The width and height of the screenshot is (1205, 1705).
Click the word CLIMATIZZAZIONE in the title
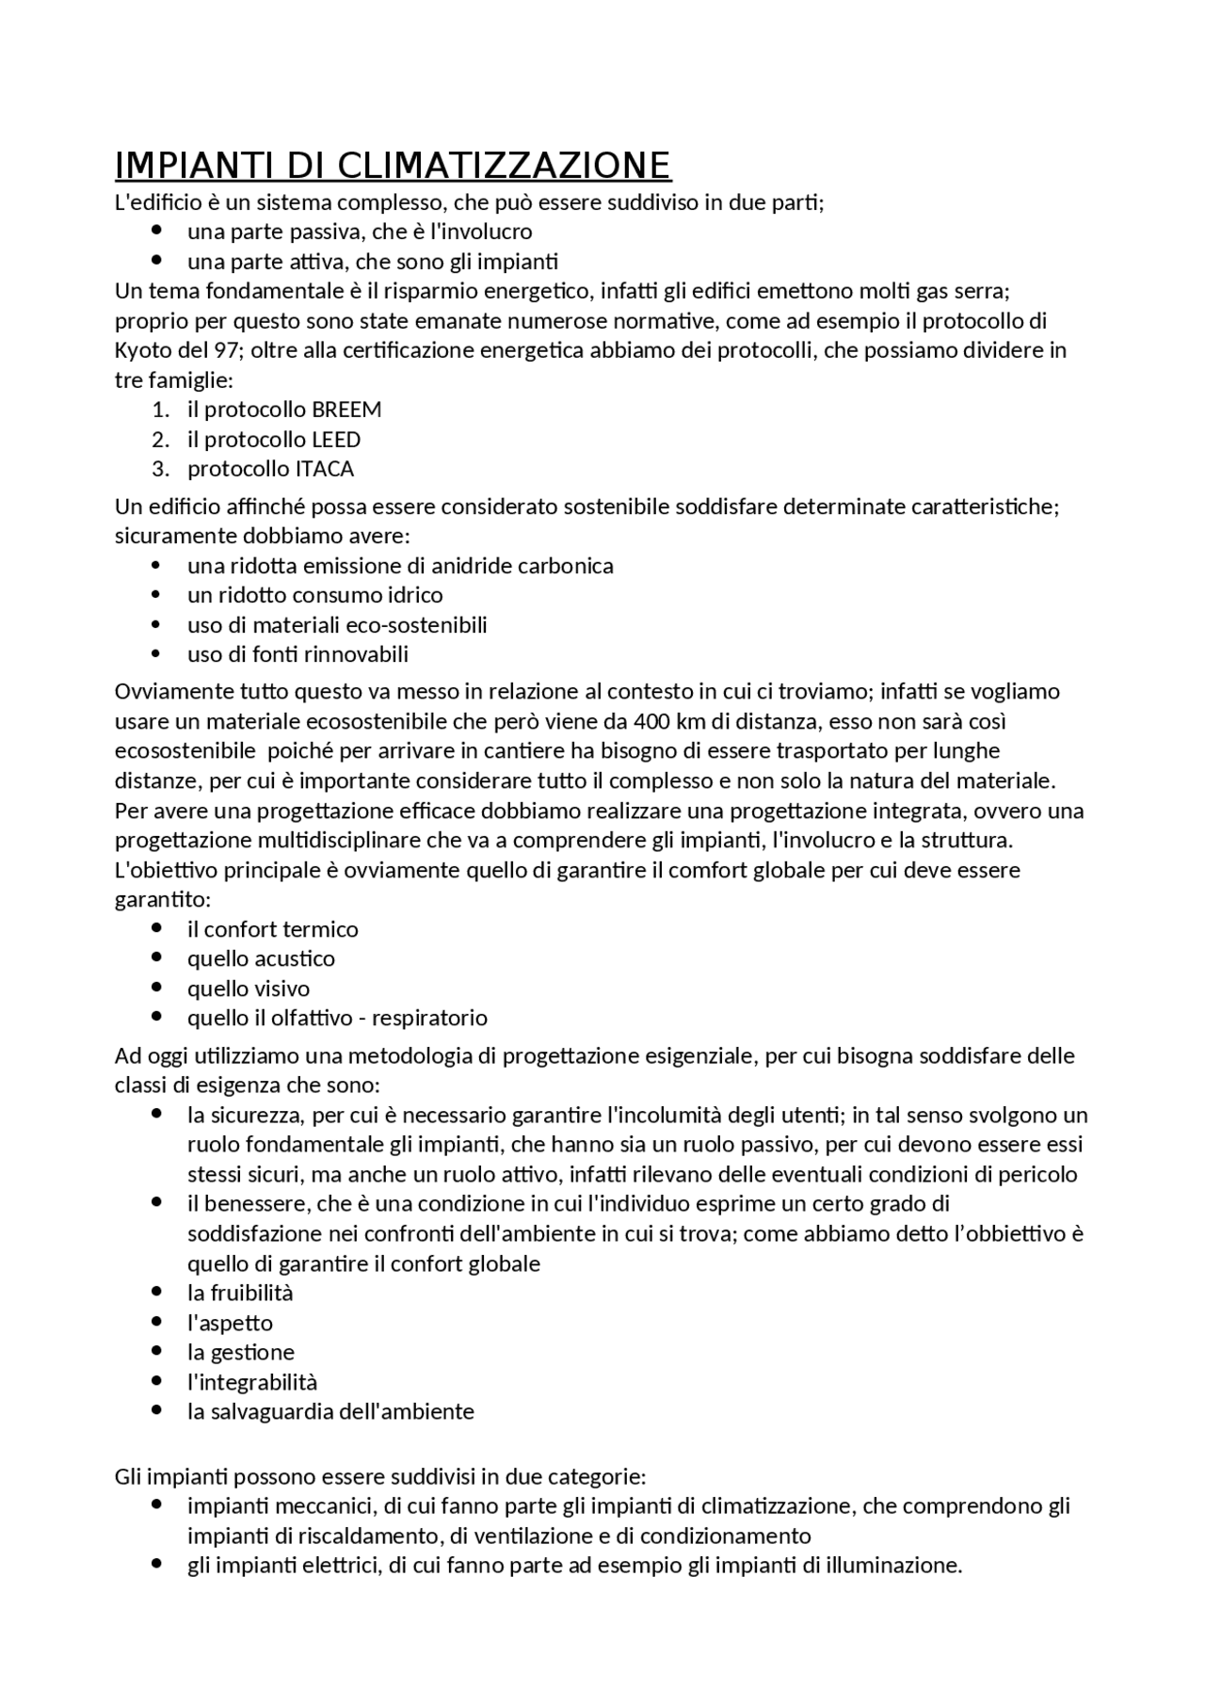[503, 165]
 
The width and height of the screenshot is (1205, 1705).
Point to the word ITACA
[324, 469]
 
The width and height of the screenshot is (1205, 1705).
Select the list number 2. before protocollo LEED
[160, 440]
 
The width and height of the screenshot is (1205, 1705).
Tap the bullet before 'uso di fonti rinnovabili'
[156, 653]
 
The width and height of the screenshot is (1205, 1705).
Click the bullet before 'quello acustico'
[156, 957]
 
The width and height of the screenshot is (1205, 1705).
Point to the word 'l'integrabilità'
[252, 1382]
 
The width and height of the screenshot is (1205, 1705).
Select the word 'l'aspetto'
[230, 1323]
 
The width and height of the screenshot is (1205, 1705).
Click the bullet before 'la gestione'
[156, 1351]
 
